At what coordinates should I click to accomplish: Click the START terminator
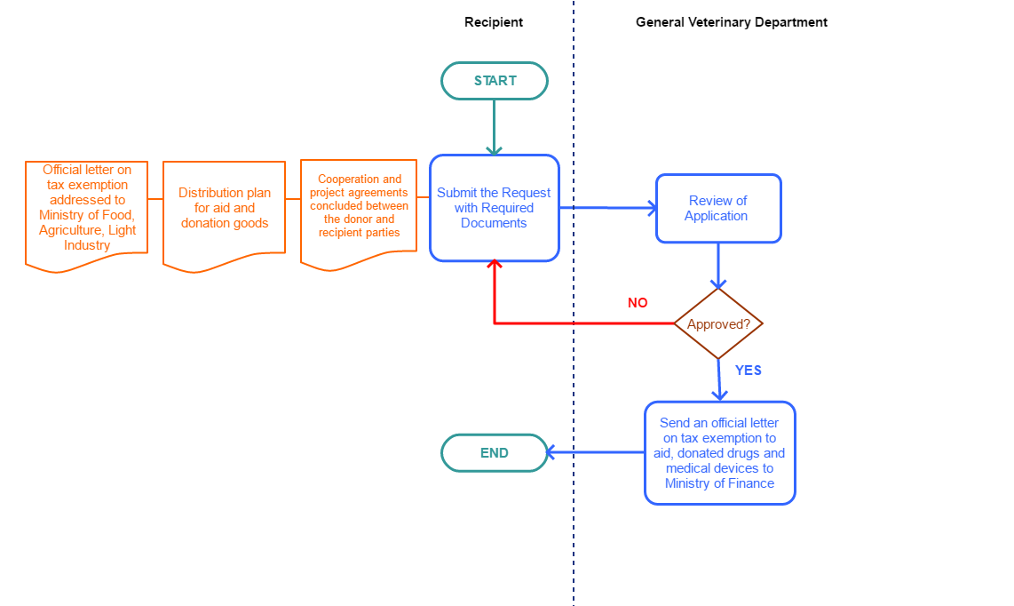pyautogui.click(x=495, y=81)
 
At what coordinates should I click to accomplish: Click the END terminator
pyautogui.click(x=495, y=453)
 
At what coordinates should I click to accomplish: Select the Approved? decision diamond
pyautogui.click(x=718, y=324)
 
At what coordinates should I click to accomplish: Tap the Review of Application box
pyautogui.click(x=718, y=209)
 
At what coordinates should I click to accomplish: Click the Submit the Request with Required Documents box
pyautogui.click(x=495, y=208)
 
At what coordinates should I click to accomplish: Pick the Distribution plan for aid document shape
pyautogui.click(x=225, y=209)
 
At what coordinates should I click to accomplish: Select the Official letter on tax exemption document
pyautogui.click(x=87, y=207)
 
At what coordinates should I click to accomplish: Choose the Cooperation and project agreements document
pyautogui.click(x=359, y=206)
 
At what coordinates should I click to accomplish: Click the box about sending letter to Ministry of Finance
pyautogui.click(x=719, y=453)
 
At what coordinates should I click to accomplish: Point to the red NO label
pyautogui.click(x=638, y=303)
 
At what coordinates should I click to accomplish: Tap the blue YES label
pyautogui.click(x=749, y=371)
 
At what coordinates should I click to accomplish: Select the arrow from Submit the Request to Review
pyautogui.click(x=607, y=208)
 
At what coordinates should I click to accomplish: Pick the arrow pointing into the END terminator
pyautogui.click(x=595, y=453)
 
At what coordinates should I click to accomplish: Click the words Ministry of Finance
pyautogui.click(x=719, y=483)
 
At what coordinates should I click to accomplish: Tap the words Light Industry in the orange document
pyautogui.click(x=87, y=238)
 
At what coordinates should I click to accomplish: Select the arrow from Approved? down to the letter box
pyautogui.click(x=719, y=380)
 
